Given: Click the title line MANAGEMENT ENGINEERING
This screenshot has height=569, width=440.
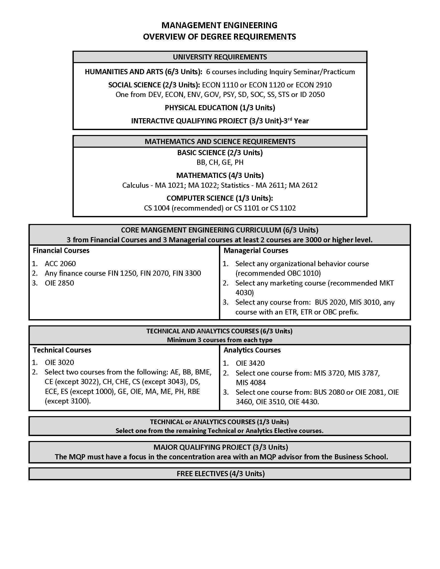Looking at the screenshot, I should [x=219, y=25].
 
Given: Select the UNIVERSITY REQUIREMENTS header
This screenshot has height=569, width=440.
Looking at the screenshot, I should [x=220, y=57].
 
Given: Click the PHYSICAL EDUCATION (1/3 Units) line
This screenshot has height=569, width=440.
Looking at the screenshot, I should [x=220, y=108].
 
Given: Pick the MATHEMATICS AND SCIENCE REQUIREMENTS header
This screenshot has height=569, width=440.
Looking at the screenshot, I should [x=220, y=141].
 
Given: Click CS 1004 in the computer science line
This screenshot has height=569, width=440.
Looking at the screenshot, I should [x=157, y=208].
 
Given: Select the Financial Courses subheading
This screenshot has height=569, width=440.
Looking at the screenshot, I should [x=61, y=251].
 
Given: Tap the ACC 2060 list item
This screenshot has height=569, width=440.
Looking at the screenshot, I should [x=60, y=264].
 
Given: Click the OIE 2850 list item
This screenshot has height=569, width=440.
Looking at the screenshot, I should [x=60, y=283].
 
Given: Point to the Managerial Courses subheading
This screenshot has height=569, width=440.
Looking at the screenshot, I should [x=256, y=251].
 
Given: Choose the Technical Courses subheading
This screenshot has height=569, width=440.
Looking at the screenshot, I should [x=62, y=350].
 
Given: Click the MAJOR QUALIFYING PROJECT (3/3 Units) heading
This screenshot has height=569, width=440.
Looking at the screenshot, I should [x=221, y=447].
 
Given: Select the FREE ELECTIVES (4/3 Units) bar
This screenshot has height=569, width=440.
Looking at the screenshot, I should [x=221, y=473].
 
